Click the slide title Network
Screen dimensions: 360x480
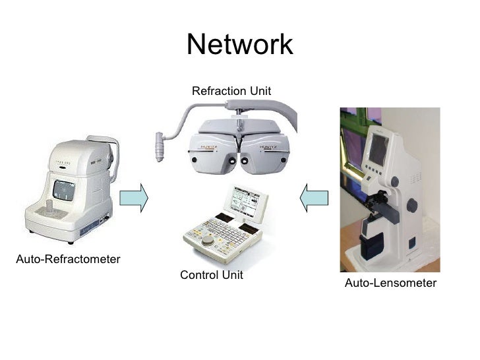click(x=239, y=45)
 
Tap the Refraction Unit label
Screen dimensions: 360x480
click(x=231, y=90)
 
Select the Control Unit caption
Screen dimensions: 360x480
click(x=211, y=275)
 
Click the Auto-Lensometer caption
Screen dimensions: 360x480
click(x=390, y=283)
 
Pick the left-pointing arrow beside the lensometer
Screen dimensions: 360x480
click(x=313, y=197)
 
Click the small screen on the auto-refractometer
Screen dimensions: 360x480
click(x=64, y=191)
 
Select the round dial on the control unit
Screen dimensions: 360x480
click(x=208, y=241)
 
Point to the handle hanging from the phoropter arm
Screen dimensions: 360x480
click(x=159, y=146)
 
